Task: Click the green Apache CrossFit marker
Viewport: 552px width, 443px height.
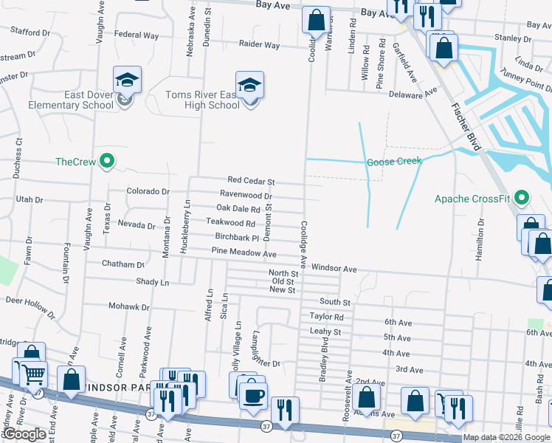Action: pyautogui.click(x=522, y=198)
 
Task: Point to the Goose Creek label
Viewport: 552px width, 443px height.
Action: pyautogui.click(x=394, y=161)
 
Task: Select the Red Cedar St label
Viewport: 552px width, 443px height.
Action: pyautogui.click(x=251, y=181)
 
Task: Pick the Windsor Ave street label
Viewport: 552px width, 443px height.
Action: pyautogui.click(x=334, y=268)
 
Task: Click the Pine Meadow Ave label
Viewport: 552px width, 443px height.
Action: pyautogui.click(x=244, y=253)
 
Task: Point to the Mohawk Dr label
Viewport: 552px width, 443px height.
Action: pyautogui.click(x=129, y=306)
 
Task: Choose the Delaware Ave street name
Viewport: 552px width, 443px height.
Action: pyautogui.click(x=413, y=93)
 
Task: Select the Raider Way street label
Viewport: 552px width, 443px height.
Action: pyautogui.click(x=259, y=45)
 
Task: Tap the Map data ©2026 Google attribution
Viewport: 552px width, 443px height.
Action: pyautogui.click(x=507, y=437)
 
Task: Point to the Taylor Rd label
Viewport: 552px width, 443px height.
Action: pyautogui.click(x=327, y=316)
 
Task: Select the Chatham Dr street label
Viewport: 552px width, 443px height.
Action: pyautogui.click(x=123, y=264)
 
